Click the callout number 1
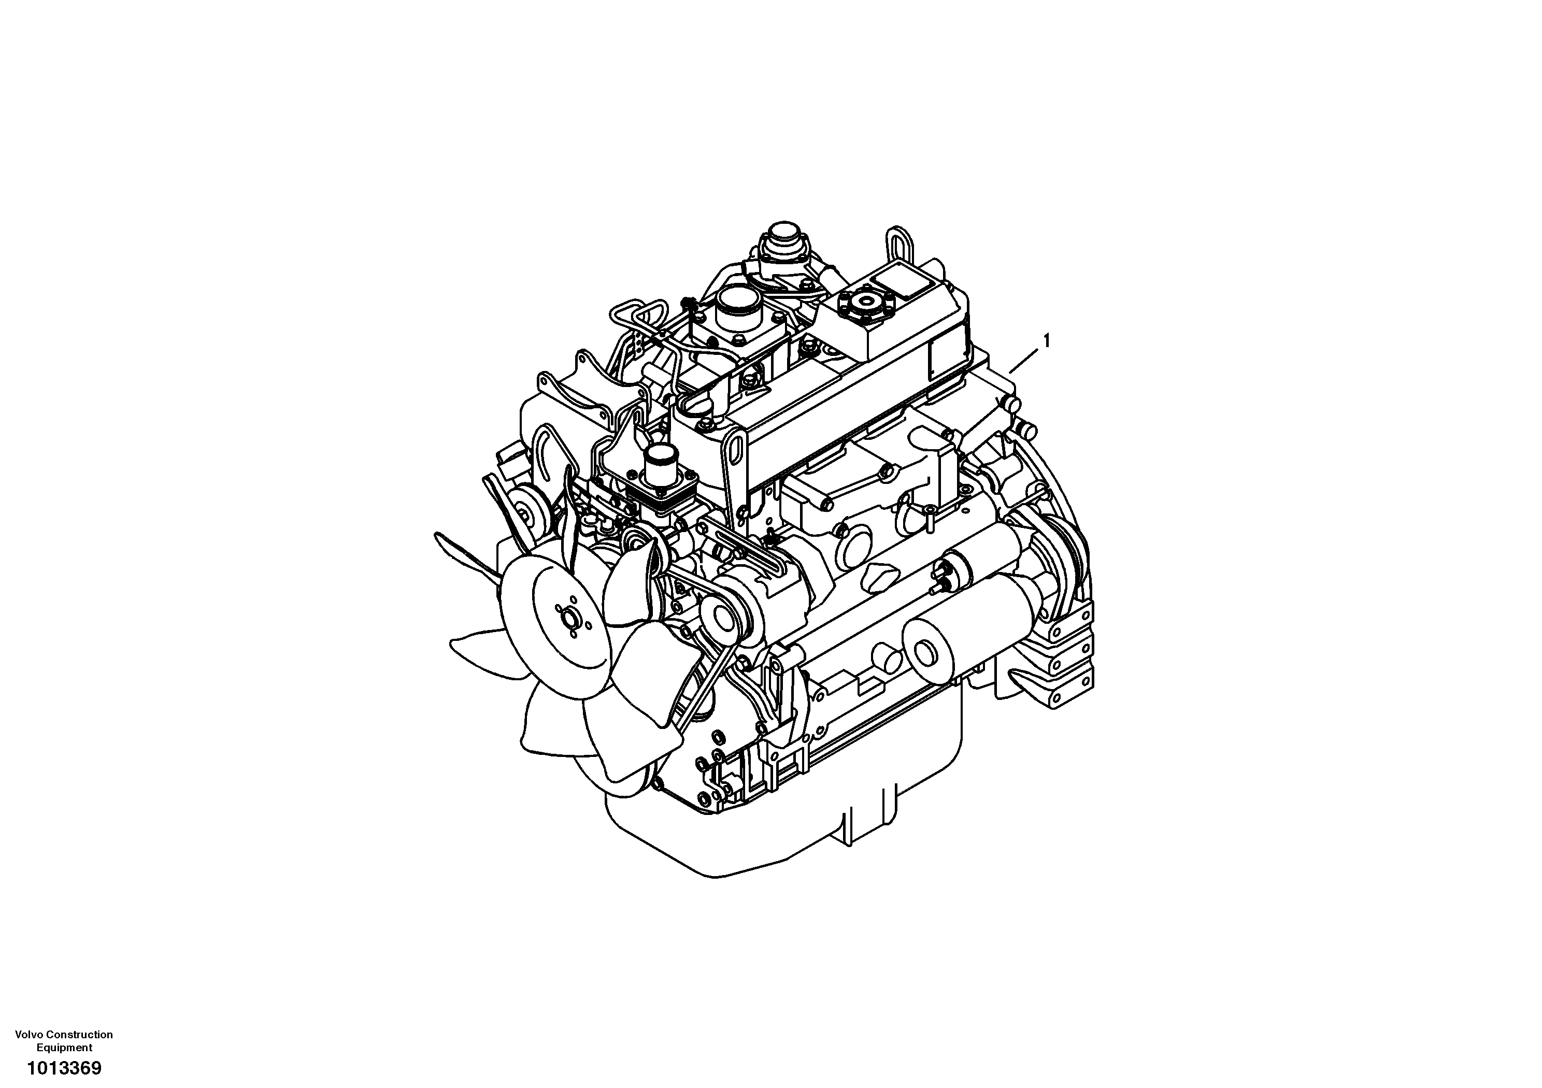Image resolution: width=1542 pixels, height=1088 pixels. (1045, 341)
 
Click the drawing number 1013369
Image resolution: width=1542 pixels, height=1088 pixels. (64, 1067)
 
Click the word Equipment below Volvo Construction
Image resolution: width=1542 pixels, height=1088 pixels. (64, 1047)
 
